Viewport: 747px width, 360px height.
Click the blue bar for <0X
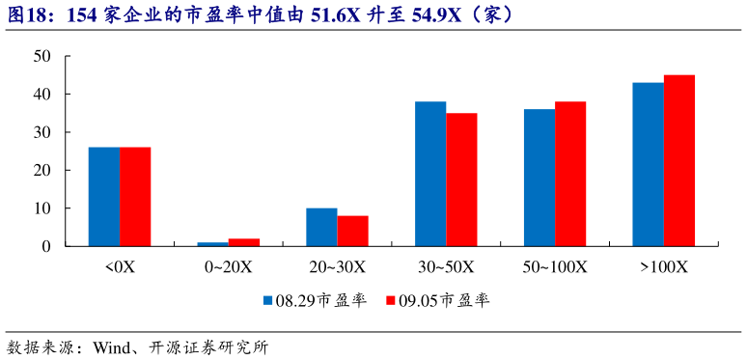point(103,196)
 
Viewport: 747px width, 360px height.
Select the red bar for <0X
point(135,196)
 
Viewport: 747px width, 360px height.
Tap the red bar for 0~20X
point(244,242)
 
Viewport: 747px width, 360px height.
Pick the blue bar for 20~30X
point(321,227)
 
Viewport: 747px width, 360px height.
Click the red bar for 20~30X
point(353,231)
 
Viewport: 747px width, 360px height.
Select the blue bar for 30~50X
point(430,174)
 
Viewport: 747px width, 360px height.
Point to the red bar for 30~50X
point(461,180)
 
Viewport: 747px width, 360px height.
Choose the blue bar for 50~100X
point(539,178)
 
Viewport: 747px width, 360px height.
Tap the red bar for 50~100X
point(570,174)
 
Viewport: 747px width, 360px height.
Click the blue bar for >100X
point(648,164)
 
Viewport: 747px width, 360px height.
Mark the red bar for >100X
point(679,160)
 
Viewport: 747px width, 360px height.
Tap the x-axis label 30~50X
point(446,266)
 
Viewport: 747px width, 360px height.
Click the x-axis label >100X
point(664,266)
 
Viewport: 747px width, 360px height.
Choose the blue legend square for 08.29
point(268,300)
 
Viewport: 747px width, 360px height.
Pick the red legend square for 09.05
point(391,300)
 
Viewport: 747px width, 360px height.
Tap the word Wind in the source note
point(113,347)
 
